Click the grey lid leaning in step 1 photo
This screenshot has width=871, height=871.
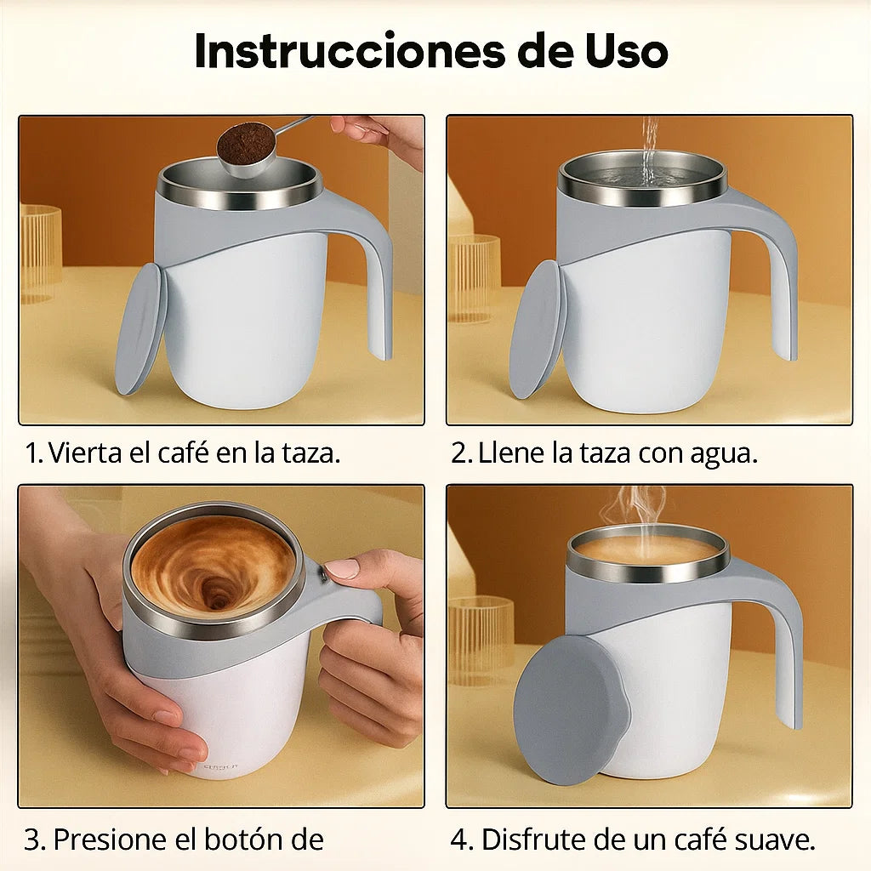click(141, 328)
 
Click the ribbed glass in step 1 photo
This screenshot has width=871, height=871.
click(39, 253)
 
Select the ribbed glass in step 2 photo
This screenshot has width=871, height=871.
click(475, 277)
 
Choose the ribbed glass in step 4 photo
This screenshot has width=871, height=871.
click(481, 638)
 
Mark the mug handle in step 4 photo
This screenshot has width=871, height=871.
click(787, 655)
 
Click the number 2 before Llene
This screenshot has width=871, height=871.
click(460, 453)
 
